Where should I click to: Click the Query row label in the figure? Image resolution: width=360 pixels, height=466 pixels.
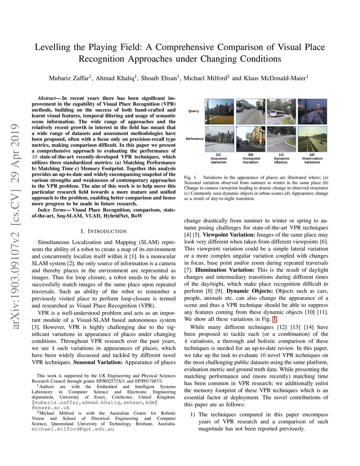tap(193, 111)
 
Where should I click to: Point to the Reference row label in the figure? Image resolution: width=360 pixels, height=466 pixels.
tap(194, 139)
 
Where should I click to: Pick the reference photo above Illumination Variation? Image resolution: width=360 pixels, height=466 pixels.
tap(312, 139)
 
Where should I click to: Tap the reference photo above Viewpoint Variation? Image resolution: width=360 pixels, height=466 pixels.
tap(250, 139)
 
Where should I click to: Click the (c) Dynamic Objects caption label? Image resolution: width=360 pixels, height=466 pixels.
tap(281, 158)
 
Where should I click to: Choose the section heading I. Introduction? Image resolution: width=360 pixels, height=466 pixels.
tap(103, 231)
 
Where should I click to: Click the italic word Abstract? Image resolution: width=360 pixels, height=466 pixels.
tap(47, 98)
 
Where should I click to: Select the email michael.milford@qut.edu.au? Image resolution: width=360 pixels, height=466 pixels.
tap(73, 429)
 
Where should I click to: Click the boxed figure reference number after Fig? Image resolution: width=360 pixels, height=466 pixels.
tap(275, 319)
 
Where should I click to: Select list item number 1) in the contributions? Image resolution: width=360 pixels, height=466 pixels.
tap(193, 415)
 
